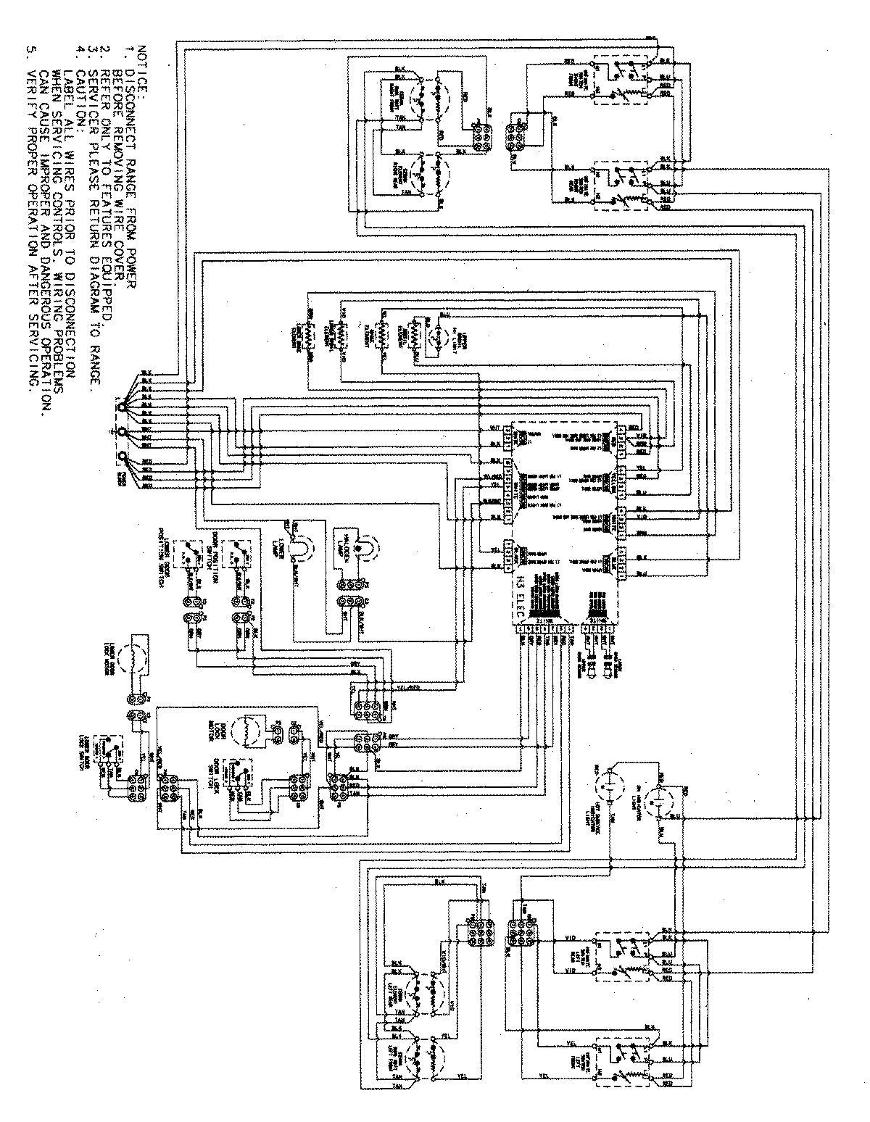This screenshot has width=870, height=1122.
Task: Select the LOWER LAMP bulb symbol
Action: [x=296, y=552]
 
